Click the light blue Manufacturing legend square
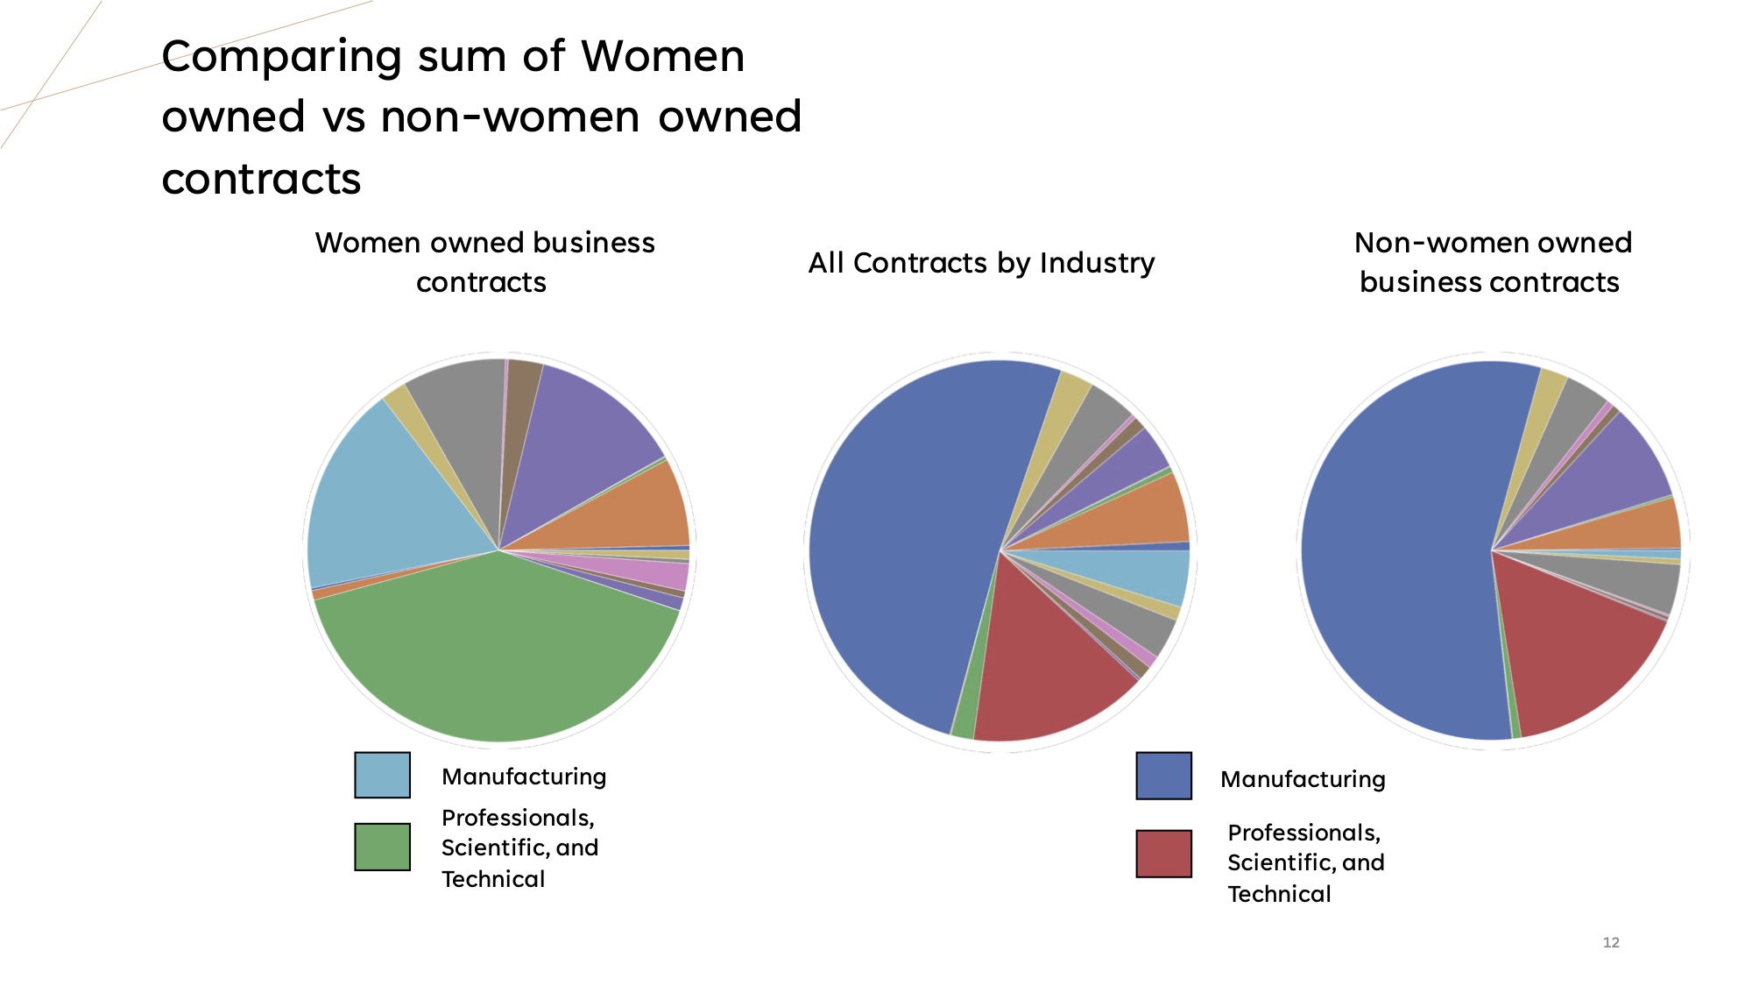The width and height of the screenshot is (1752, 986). click(382, 775)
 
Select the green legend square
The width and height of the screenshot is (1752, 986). click(382, 847)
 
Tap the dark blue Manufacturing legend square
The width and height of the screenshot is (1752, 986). click(1163, 776)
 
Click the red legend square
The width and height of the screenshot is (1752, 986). click(1163, 854)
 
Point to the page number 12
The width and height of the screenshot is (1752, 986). click(1611, 943)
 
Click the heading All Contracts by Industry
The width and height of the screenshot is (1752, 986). click(981, 263)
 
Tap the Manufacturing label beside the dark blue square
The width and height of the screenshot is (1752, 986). click(1303, 779)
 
